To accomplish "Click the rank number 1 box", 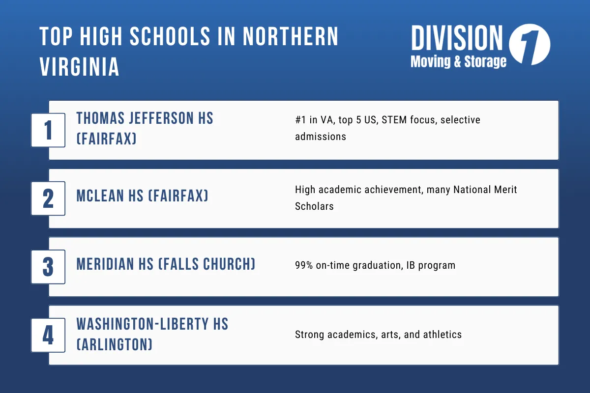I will pos(48,130).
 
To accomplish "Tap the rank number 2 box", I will pos(48,198).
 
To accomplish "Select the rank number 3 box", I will pos(48,266).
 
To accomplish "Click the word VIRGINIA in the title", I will pos(80,66).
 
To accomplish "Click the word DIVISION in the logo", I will pos(457,39).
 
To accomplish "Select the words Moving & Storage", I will pos(458,61).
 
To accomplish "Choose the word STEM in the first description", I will pos(396,120).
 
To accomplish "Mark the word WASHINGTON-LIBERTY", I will pos(138,324).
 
